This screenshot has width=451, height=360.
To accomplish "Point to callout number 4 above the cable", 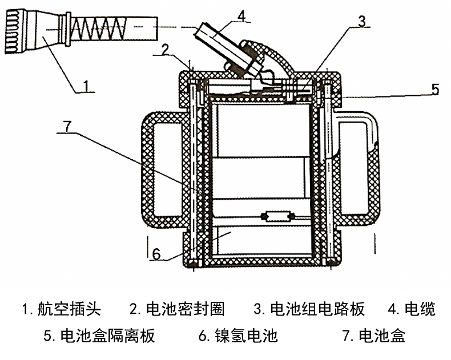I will [x=242, y=16].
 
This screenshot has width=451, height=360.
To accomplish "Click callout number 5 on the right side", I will [x=434, y=89].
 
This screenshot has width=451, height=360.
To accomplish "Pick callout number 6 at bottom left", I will [x=157, y=253].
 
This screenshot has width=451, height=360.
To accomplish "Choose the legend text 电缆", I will [x=420, y=309].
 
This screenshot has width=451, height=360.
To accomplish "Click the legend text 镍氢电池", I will [x=246, y=335].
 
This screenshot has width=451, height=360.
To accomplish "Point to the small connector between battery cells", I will [x=277, y=217].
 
